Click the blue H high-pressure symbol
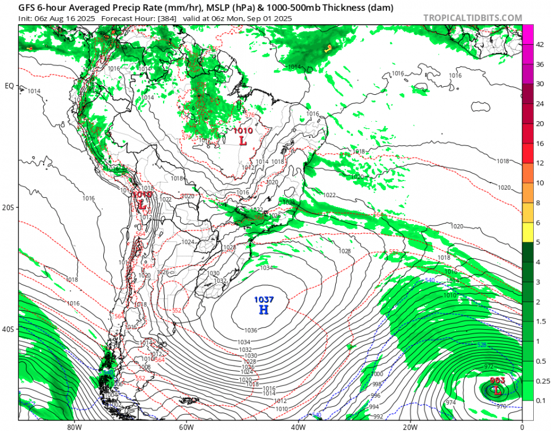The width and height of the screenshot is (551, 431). (x=263, y=310)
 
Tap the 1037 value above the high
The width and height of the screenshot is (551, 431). (x=263, y=299)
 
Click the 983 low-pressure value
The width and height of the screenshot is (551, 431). (x=497, y=380)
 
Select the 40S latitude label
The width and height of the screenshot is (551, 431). (x=9, y=329)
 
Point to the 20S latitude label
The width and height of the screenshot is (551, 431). (x=9, y=207)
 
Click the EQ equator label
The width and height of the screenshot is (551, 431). (x=9, y=86)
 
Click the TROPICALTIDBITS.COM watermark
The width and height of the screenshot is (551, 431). (x=472, y=18)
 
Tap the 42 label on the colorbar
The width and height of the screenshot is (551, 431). (x=540, y=44)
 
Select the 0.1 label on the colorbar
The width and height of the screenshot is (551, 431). (x=540, y=400)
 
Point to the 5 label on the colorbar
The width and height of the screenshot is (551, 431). (x=538, y=242)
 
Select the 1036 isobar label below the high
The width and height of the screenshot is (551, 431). (x=250, y=330)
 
